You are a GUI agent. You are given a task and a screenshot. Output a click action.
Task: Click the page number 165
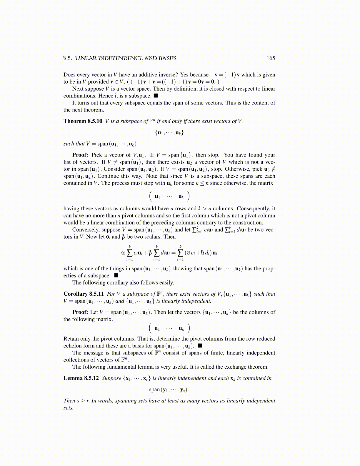pyautogui.click(x=271, y=58)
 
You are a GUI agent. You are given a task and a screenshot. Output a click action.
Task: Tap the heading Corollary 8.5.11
pyautogui.click(x=84, y=294)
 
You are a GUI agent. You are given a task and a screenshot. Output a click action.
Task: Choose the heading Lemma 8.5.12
pyautogui.click(x=81, y=378)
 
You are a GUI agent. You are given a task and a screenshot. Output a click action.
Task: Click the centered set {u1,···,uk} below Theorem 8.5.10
pyautogui.click(x=169, y=133)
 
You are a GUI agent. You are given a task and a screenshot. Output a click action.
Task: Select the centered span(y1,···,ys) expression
pyautogui.click(x=169, y=390)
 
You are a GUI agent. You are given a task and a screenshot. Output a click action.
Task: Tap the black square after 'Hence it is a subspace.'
pyautogui.click(x=156, y=96)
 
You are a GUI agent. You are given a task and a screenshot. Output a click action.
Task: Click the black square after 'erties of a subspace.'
pyautogui.click(x=116, y=276)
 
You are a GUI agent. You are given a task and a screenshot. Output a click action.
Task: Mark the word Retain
pyautogui.click(x=71, y=339)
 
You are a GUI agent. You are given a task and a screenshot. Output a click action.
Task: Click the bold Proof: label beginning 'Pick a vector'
pyautogui.click(x=80, y=155)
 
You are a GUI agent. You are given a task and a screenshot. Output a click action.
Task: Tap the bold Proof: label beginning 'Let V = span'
pyautogui.click(x=80, y=312)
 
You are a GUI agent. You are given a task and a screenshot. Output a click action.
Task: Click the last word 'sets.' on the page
pyautogui.click(x=68, y=408)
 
